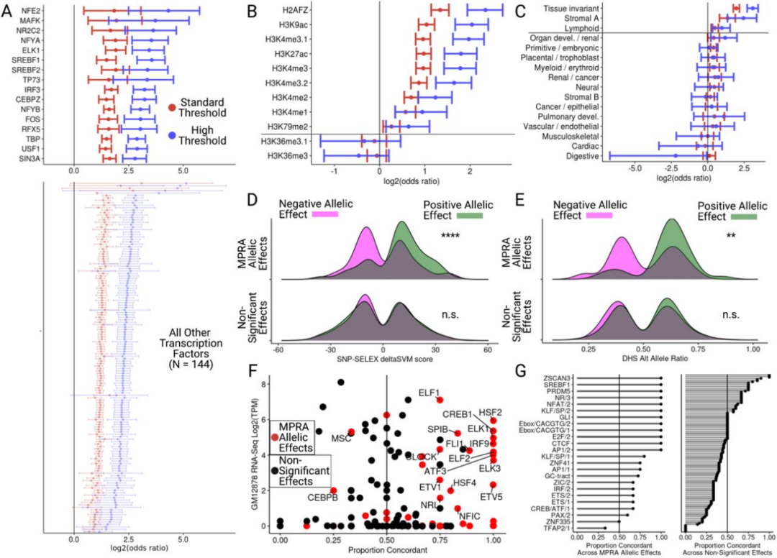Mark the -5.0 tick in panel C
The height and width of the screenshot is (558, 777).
point(635,167)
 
